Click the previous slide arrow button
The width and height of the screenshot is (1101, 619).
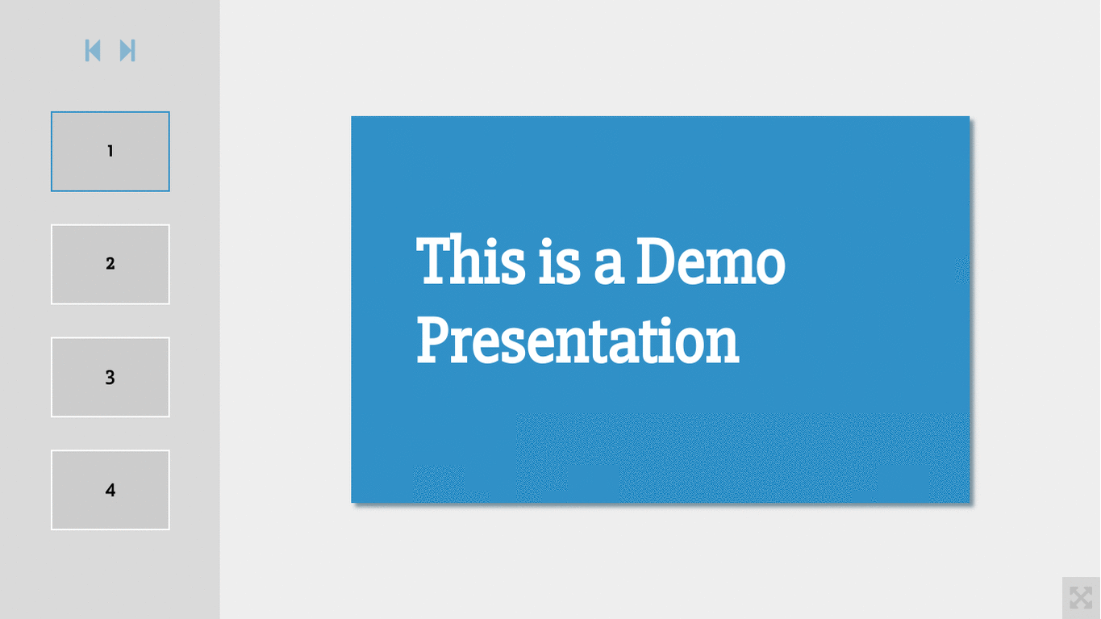93,51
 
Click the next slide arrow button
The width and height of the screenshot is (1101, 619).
127,51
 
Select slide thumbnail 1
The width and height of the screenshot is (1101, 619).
110,152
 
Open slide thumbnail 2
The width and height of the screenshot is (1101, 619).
110,265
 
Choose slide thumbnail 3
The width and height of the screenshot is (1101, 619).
110,377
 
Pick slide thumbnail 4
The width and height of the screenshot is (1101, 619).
110,490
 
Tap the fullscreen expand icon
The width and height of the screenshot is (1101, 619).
1081,598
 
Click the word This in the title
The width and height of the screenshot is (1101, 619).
470,260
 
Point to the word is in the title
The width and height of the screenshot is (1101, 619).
559,261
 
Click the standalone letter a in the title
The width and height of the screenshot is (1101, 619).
610,266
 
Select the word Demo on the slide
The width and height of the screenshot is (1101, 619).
711,261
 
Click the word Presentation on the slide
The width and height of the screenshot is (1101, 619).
578,341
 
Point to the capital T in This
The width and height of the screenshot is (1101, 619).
436,260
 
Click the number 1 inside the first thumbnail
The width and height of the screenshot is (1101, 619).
111,151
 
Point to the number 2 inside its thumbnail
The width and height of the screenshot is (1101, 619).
110,264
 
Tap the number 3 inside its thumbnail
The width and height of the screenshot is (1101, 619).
110,377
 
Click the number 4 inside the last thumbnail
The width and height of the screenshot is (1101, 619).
110,490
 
